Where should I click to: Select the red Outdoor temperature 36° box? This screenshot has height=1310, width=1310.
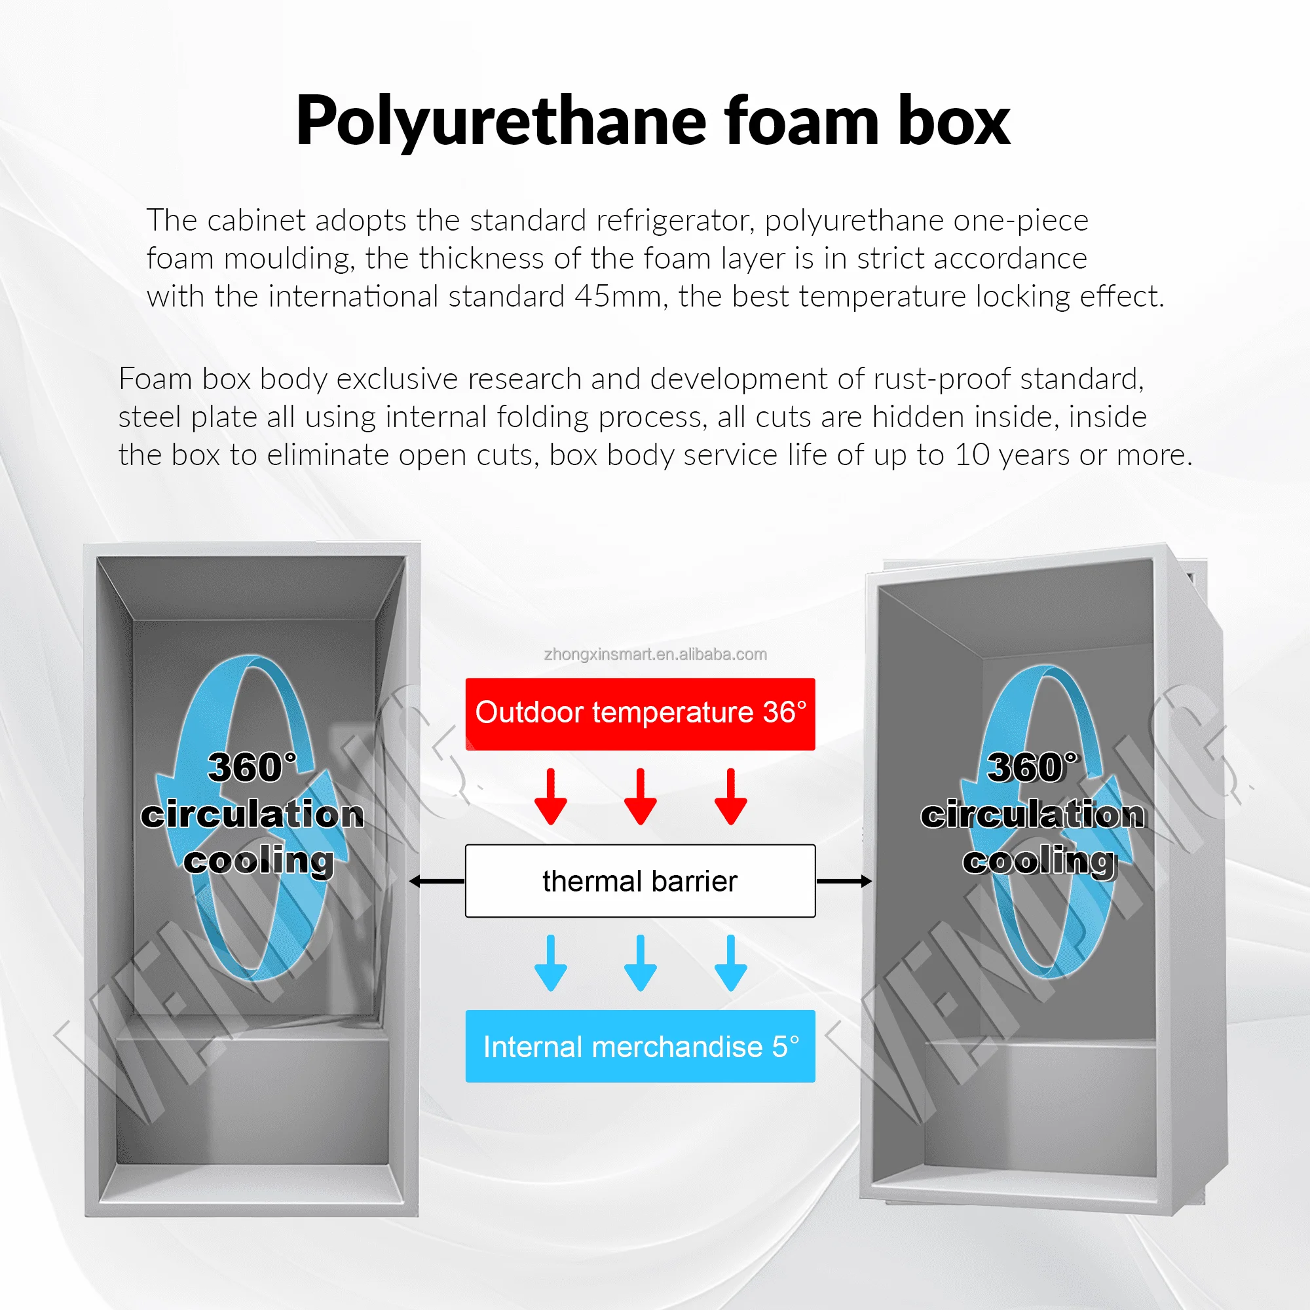click(640, 713)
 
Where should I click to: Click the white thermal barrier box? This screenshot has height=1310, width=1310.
click(640, 881)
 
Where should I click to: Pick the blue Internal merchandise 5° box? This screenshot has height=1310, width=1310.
click(640, 1046)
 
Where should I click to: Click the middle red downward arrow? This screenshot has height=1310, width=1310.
click(640, 797)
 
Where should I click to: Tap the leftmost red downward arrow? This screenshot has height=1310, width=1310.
click(551, 797)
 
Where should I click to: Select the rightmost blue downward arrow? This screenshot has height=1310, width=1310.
click(730, 964)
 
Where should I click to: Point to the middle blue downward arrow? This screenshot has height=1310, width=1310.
click(640, 964)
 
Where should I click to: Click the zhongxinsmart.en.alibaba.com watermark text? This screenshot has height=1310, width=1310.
click(655, 654)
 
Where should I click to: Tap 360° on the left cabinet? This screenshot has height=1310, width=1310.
click(252, 768)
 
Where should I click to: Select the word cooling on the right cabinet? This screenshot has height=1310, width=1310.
click(1039, 861)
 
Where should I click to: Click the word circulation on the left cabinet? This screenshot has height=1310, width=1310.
click(252, 814)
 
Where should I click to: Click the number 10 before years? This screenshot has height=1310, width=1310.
click(972, 455)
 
